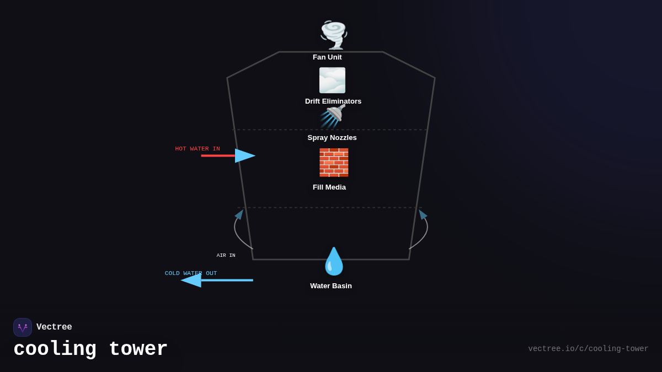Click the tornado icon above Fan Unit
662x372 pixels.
334,35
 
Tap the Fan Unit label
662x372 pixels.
327,57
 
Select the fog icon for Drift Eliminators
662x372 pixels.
332,80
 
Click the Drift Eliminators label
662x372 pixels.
333,101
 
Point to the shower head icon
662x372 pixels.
333,116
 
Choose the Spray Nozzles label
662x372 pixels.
332,138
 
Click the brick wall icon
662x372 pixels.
334,162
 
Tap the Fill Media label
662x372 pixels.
329,187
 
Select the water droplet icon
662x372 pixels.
334,261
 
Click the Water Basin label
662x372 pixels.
331,286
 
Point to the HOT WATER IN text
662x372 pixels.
197,149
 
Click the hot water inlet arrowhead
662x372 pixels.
245,156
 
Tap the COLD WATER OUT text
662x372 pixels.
191,273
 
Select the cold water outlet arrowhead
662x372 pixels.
191,280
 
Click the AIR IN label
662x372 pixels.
226,256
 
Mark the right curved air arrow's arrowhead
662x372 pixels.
423,214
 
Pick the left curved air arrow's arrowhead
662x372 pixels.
239,214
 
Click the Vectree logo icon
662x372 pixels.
23,327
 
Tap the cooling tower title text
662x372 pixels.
90,349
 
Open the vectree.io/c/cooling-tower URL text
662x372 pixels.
588,349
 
